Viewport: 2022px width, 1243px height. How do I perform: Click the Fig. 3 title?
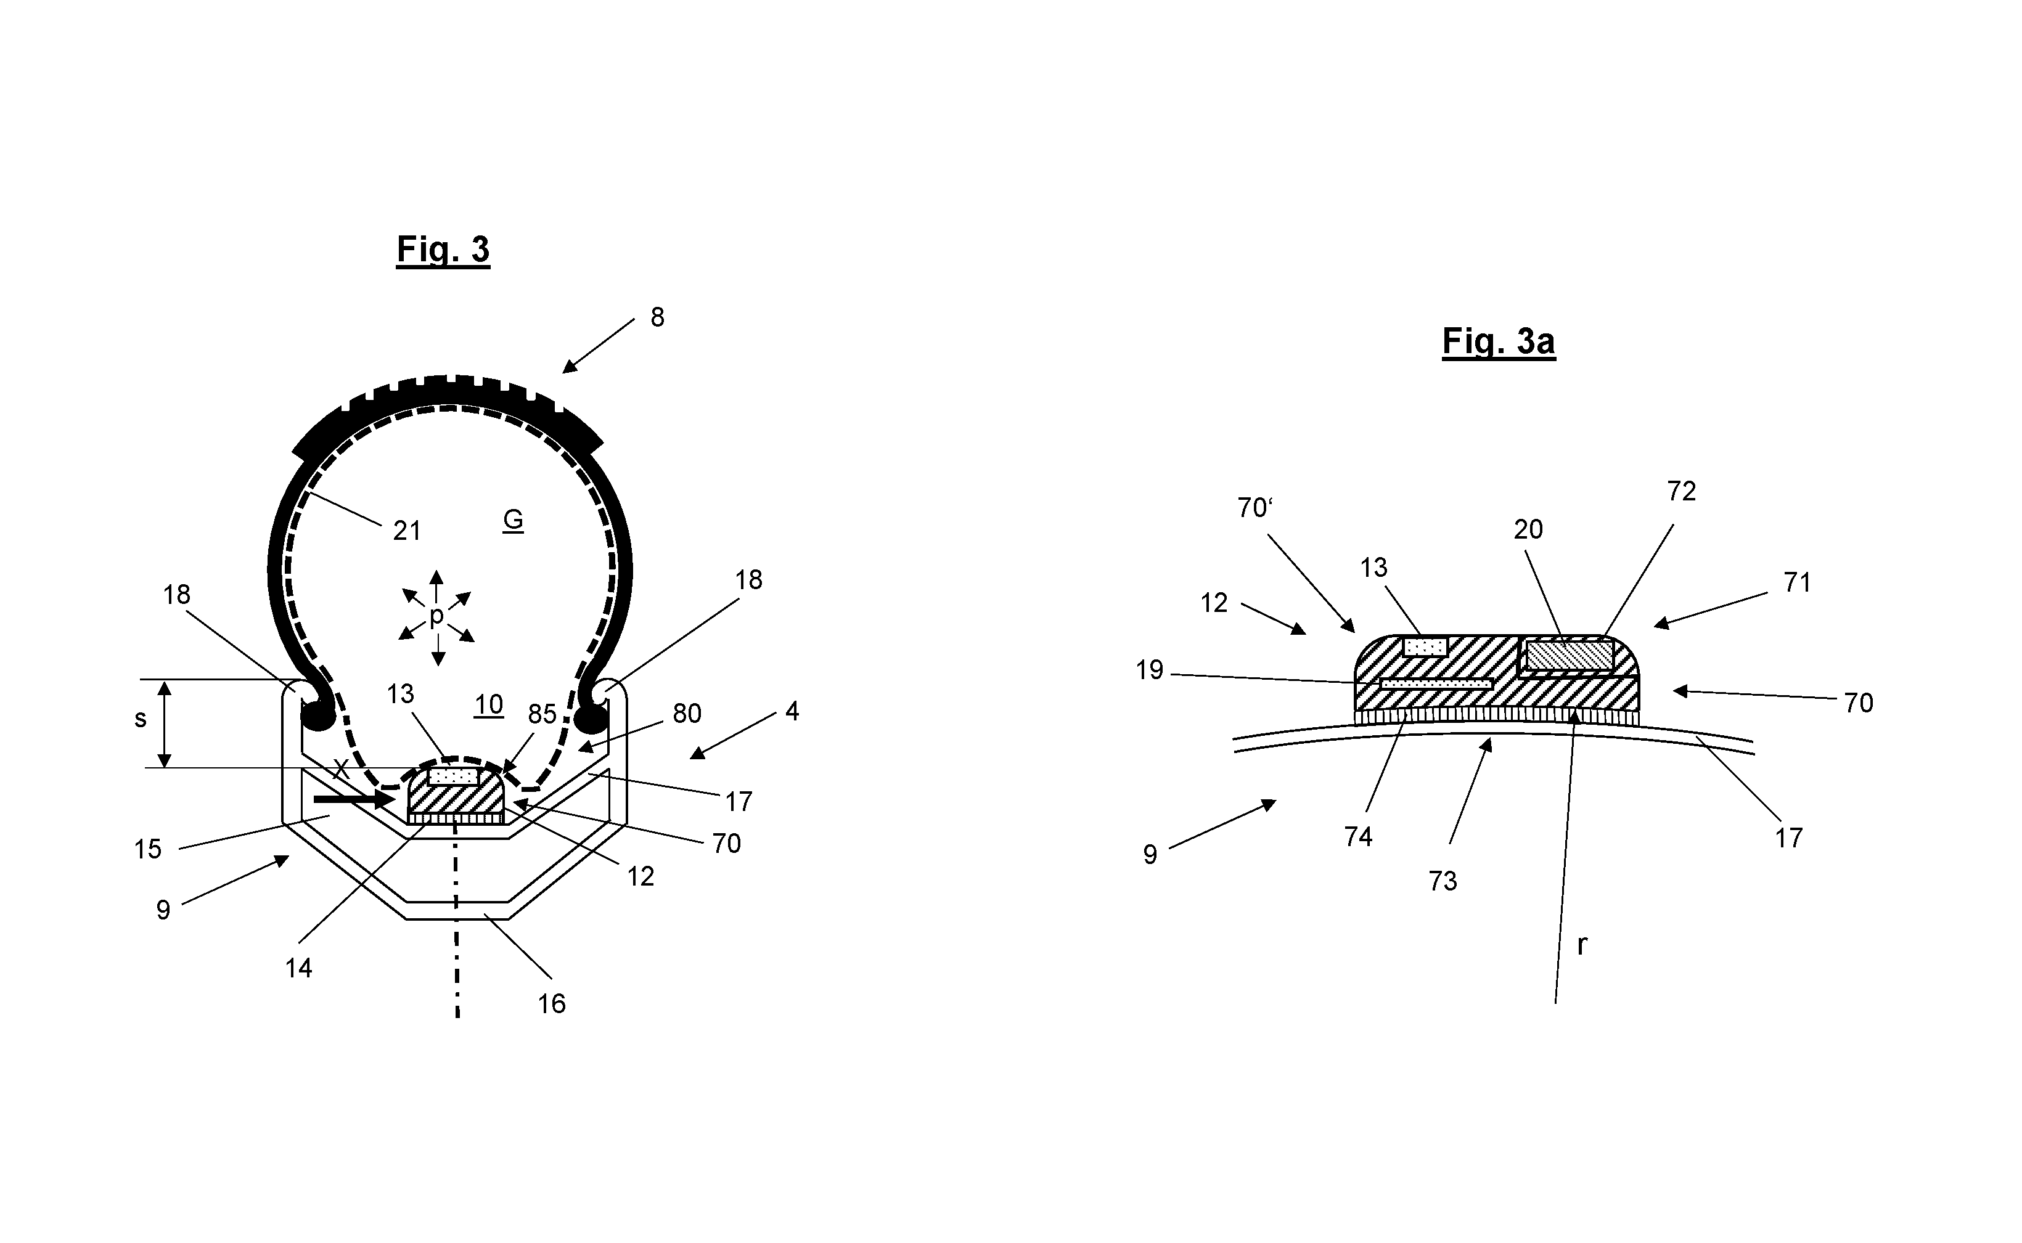click(443, 249)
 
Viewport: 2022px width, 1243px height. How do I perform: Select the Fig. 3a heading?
click(1498, 341)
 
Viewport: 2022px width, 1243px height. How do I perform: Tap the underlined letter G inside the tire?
click(513, 520)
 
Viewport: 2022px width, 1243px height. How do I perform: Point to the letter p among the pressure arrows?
click(436, 615)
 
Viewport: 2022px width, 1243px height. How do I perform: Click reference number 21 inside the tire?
click(407, 531)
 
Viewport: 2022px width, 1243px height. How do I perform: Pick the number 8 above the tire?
click(657, 317)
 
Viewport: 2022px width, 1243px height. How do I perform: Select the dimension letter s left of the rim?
click(141, 719)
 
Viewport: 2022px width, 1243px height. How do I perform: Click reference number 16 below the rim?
click(552, 1004)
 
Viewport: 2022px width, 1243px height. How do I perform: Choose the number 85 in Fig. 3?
click(542, 714)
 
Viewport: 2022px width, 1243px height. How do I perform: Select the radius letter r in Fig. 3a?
click(1581, 945)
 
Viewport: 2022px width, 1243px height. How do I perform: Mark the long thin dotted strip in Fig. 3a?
click(1436, 683)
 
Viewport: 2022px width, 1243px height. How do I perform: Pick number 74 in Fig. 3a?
click(1359, 837)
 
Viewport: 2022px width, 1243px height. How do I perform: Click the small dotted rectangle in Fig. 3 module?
click(453, 775)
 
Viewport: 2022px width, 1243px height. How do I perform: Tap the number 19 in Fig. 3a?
click(1150, 671)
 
